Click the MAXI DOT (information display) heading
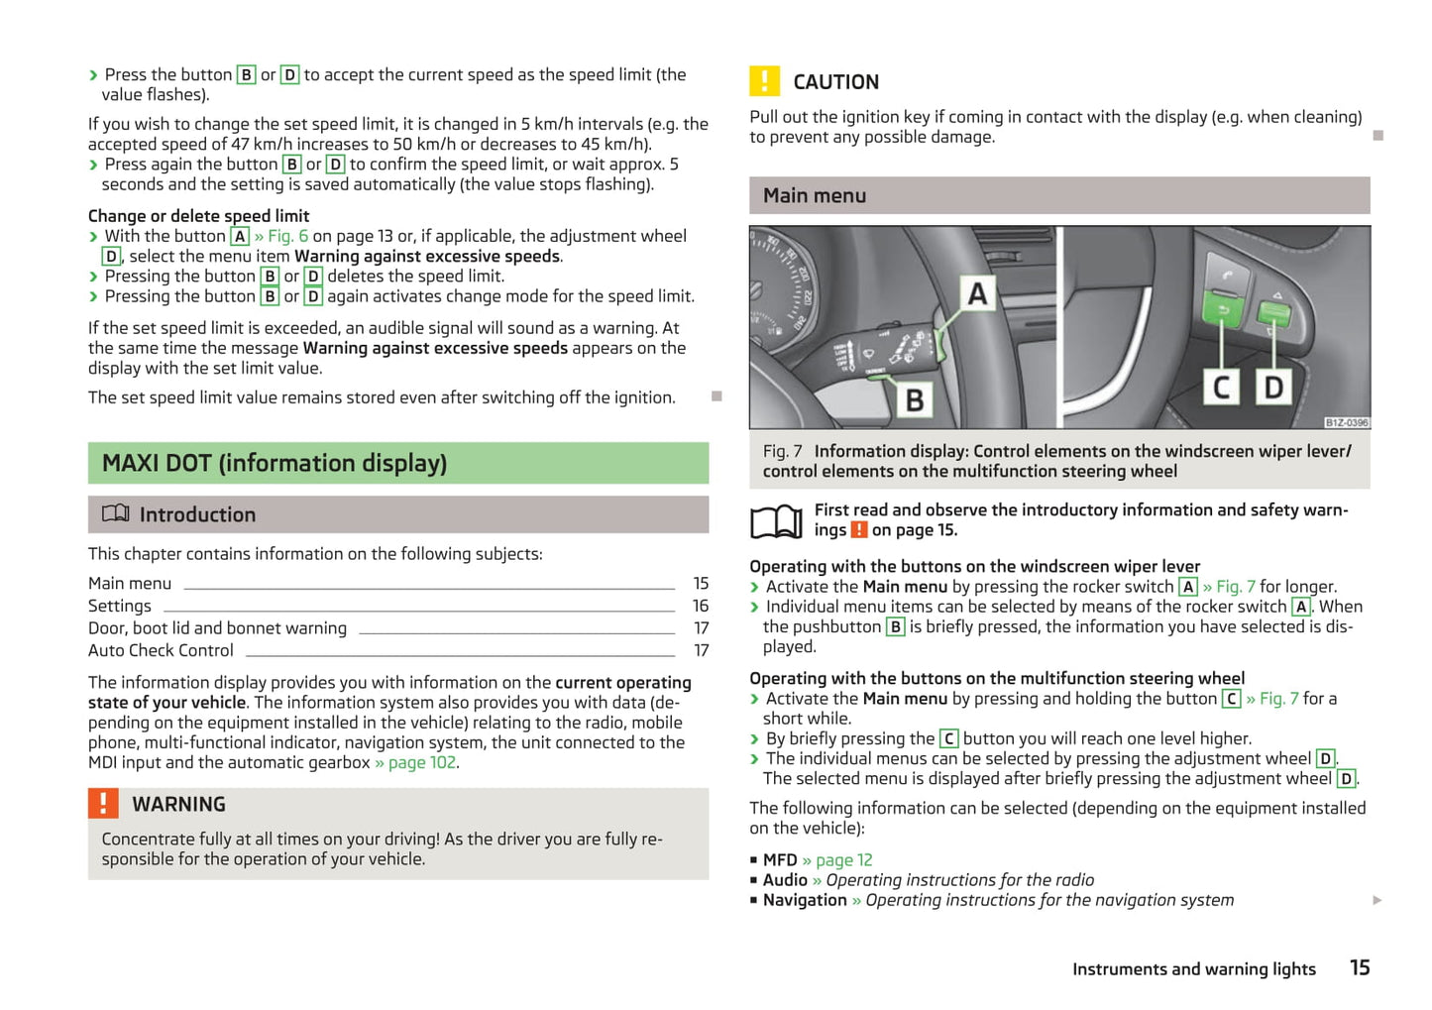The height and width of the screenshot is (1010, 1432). pos(275,463)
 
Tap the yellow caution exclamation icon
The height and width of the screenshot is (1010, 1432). pos(764,80)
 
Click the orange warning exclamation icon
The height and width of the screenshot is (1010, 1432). pos(103,803)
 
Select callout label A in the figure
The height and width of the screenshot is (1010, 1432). pos(977,293)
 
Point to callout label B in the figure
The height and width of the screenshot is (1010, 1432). pos(915,399)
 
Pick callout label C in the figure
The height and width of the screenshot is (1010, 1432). pos(1222,387)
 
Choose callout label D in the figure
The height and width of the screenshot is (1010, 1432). pos(1273,387)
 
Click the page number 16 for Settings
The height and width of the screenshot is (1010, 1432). pos(700,606)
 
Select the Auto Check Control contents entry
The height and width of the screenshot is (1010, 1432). pos(161,650)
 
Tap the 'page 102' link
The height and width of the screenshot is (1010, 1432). pos(421,762)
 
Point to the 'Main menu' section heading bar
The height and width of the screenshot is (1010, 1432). pos(1058,195)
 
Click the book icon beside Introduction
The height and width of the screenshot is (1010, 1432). pos(116,513)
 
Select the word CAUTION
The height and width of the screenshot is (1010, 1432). pos(835,81)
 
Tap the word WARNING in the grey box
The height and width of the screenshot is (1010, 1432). pos(178,804)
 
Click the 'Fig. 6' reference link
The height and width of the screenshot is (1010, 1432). pos(287,236)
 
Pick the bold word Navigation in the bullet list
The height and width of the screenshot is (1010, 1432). pos(805,900)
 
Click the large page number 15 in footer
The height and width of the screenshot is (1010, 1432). pos(1360,967)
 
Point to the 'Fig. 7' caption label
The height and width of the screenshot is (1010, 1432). pos(782,451)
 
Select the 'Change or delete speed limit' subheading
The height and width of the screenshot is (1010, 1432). pos(198,215)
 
